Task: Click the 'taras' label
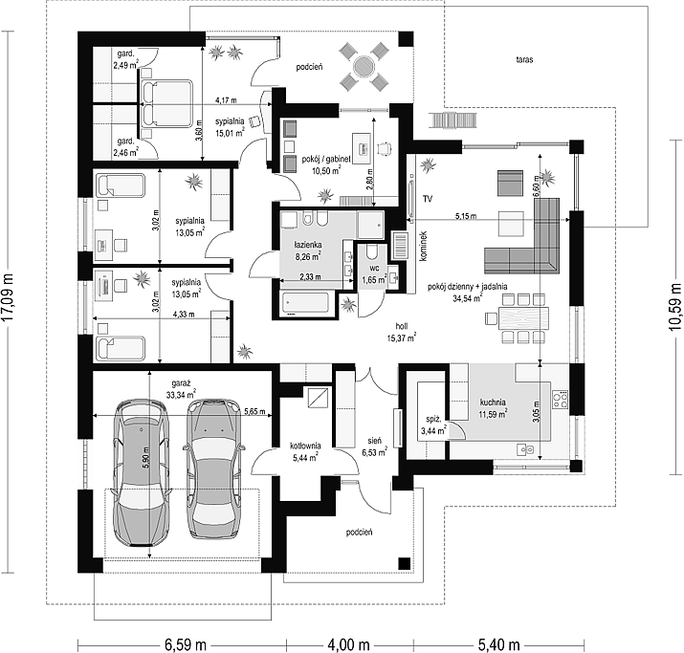point(524,60)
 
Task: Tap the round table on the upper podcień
point(364,67)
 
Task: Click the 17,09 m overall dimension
point(8,297)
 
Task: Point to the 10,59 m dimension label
point(675,307)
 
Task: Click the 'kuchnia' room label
point(493,402)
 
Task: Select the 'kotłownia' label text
point(306,446)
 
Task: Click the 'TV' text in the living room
point(427,199)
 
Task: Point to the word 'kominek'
point(423,247)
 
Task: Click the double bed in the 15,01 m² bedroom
point(167,104)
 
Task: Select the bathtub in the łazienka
point(305,302)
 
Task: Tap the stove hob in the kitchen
point(560,401)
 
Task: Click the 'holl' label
point(402,326)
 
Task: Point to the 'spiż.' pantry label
point(433,420)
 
